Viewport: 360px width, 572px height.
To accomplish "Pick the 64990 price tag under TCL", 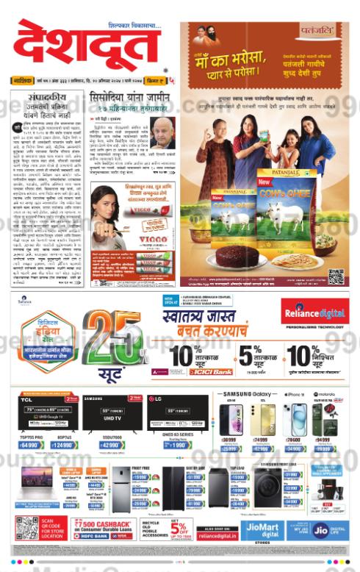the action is coord(30,446).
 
